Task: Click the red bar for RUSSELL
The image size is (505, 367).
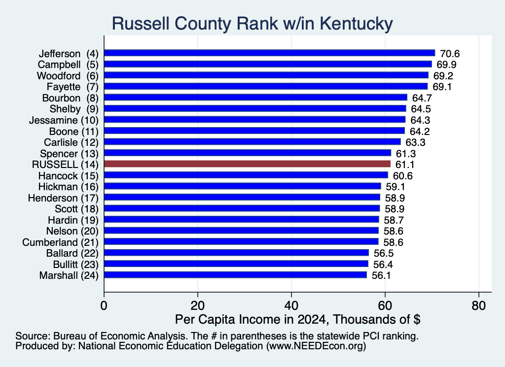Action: point(248,164)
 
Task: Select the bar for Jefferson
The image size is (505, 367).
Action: point(270,53)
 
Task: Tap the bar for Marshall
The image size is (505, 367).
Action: point(235,275)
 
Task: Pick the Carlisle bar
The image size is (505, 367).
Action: point(252,142)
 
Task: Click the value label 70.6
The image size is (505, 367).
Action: point(450,53)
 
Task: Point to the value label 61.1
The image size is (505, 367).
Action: point(404,165)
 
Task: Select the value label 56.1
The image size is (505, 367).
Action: point(381,275)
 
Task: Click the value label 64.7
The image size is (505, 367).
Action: point(422,98)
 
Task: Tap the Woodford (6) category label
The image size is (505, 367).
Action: point(68,76)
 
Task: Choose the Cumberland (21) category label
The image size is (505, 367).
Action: point(60,242)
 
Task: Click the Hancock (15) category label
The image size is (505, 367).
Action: point(68,176)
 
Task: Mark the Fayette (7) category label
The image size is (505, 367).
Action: point(72,87)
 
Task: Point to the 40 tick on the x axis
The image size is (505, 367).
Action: point(291,305)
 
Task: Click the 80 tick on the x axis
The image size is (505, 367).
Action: point(478,305)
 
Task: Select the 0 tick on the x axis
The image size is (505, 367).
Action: point(104,305)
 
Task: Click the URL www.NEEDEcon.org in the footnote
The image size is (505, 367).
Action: point(316,346)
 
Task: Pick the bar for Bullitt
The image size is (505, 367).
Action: point(236,264)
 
